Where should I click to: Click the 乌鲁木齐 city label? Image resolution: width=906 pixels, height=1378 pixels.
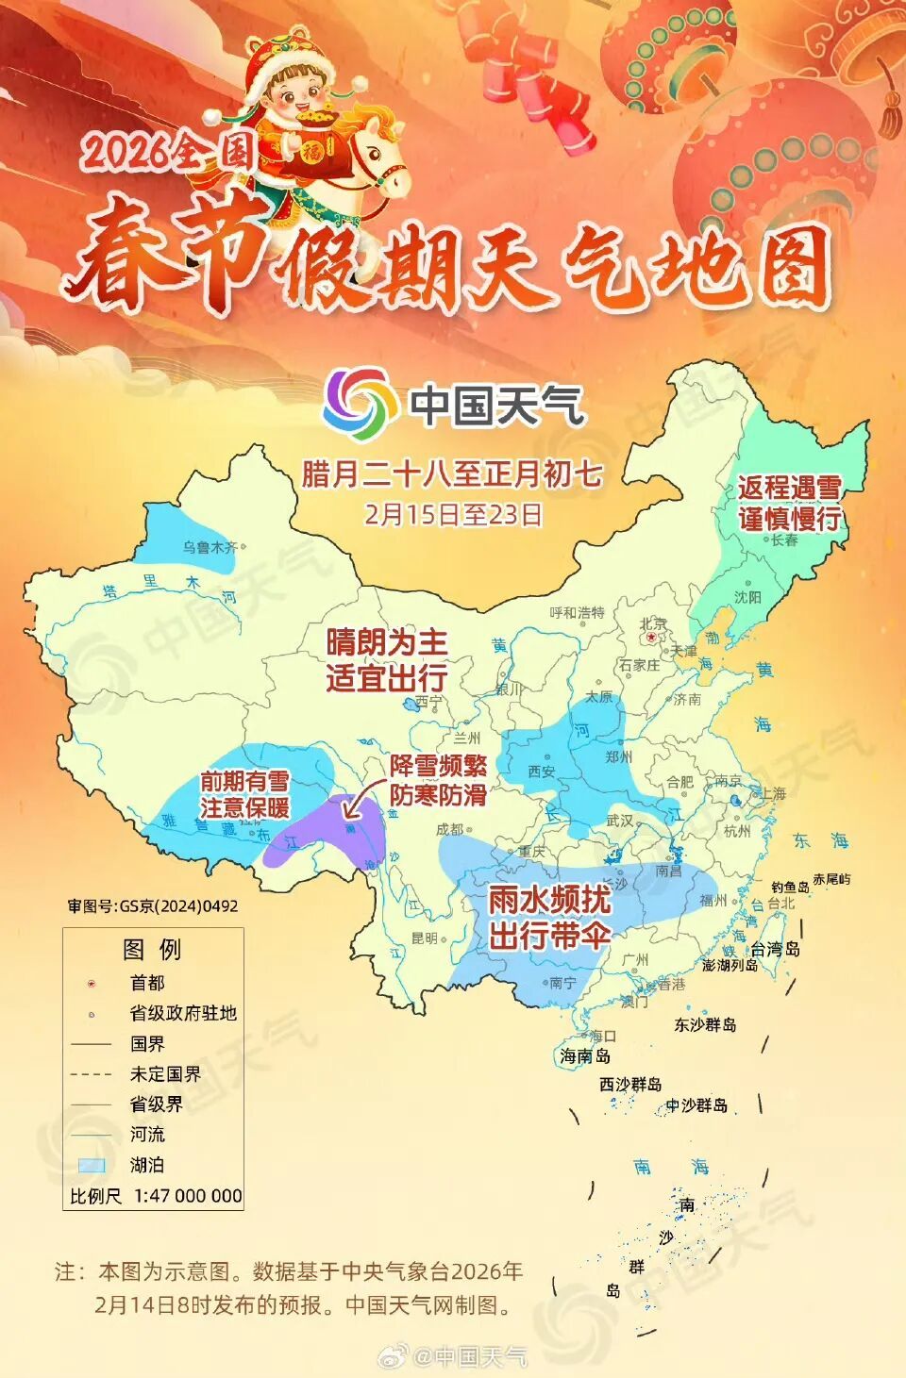(x=209, y=547)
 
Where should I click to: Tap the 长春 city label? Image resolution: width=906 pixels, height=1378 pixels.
(x=784, y=540)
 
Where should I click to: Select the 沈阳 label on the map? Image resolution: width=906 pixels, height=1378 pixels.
(x=747, y=597)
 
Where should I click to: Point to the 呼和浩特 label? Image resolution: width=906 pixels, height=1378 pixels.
(x=578, y=613)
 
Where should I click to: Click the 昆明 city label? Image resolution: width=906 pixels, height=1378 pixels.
(x=425, y=938)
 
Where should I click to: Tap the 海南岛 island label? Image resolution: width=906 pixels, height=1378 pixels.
(x=585, y=1056)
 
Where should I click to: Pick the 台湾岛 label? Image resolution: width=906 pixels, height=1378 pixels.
(x=776, y=949)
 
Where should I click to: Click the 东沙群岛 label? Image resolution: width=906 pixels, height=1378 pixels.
(x=705, y=1025)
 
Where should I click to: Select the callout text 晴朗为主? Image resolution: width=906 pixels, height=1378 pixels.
(x=387, y=643)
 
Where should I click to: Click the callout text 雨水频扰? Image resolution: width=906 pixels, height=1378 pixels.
(x=549, y=900)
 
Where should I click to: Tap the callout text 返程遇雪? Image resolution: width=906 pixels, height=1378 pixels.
(x=789, y=488)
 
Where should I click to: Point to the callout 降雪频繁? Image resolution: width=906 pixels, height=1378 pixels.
(x=438, y=766)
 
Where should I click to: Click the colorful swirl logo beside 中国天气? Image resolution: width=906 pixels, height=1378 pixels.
(x=360, y=405)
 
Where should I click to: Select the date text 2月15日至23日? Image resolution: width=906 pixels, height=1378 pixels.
(x=453, y=514)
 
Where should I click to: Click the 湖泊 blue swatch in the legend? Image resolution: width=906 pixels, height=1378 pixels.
(x=92, y=1165)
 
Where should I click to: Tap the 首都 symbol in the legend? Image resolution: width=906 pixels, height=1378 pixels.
(x=92, y=984)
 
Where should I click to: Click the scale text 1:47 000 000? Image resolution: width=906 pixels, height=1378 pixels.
(x=188, y=1196)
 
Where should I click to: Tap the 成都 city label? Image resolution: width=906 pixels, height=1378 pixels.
(x=450, y=830)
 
